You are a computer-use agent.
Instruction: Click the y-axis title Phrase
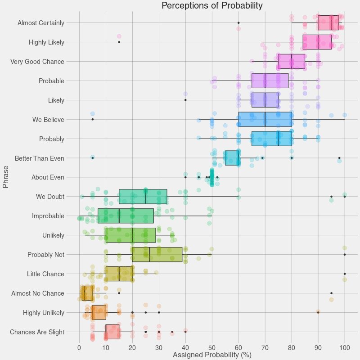6,177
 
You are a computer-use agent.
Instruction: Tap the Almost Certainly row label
40,22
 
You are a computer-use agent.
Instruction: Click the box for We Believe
265,119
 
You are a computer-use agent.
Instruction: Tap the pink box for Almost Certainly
328,22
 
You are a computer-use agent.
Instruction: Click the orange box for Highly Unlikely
99,312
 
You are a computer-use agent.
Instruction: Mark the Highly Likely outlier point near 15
119,42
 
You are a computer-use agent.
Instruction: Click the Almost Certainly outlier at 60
238,22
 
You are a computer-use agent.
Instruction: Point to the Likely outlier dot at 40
185,99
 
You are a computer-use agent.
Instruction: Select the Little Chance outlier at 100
345,274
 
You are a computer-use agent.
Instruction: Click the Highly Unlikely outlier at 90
318,311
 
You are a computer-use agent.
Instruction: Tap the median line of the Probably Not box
149,254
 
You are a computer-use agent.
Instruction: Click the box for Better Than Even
231,158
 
